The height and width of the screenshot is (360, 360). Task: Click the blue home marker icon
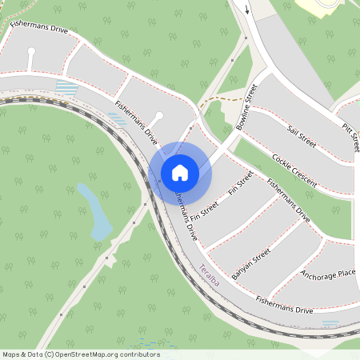pyautogui.click(x=180, y=173)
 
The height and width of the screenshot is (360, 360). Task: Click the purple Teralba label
pyautogui.click(x=210, y=274)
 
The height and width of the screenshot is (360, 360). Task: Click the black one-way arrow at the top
pyautogui.click(x=247, y=10)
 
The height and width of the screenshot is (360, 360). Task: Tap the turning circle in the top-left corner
pyautogui.click(x=31, y=51)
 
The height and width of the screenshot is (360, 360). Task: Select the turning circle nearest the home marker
pyautogui.click(x=158, y=117)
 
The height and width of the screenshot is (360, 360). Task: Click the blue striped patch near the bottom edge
pyautogui.click(x=330, y=323)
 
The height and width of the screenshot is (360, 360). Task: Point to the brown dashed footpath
pyautogui.click(x=216, y=101)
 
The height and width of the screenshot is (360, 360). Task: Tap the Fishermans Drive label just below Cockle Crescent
pyautogui.click(x=288, y=198)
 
